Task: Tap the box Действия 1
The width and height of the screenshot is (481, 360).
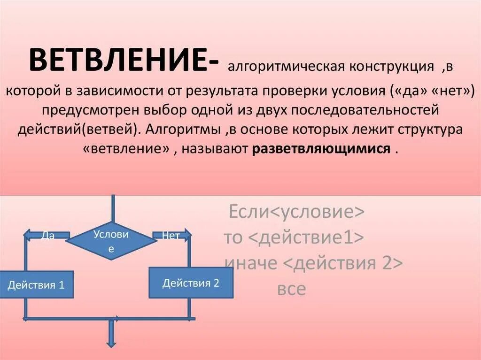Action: (36, 284)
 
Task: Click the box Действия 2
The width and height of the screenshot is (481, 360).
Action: (191, 283)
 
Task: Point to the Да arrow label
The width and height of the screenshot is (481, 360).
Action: (48, 236)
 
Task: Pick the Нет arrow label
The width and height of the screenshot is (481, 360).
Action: (171, 236)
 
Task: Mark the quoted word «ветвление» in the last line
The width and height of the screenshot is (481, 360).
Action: (126, 149)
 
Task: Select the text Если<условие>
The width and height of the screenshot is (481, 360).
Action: (296, 213)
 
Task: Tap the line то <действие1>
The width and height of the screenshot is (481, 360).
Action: (294, 238)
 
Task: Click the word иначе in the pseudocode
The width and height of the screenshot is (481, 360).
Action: (251, 263)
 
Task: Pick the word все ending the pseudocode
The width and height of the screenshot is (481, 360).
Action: (291, 289)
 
